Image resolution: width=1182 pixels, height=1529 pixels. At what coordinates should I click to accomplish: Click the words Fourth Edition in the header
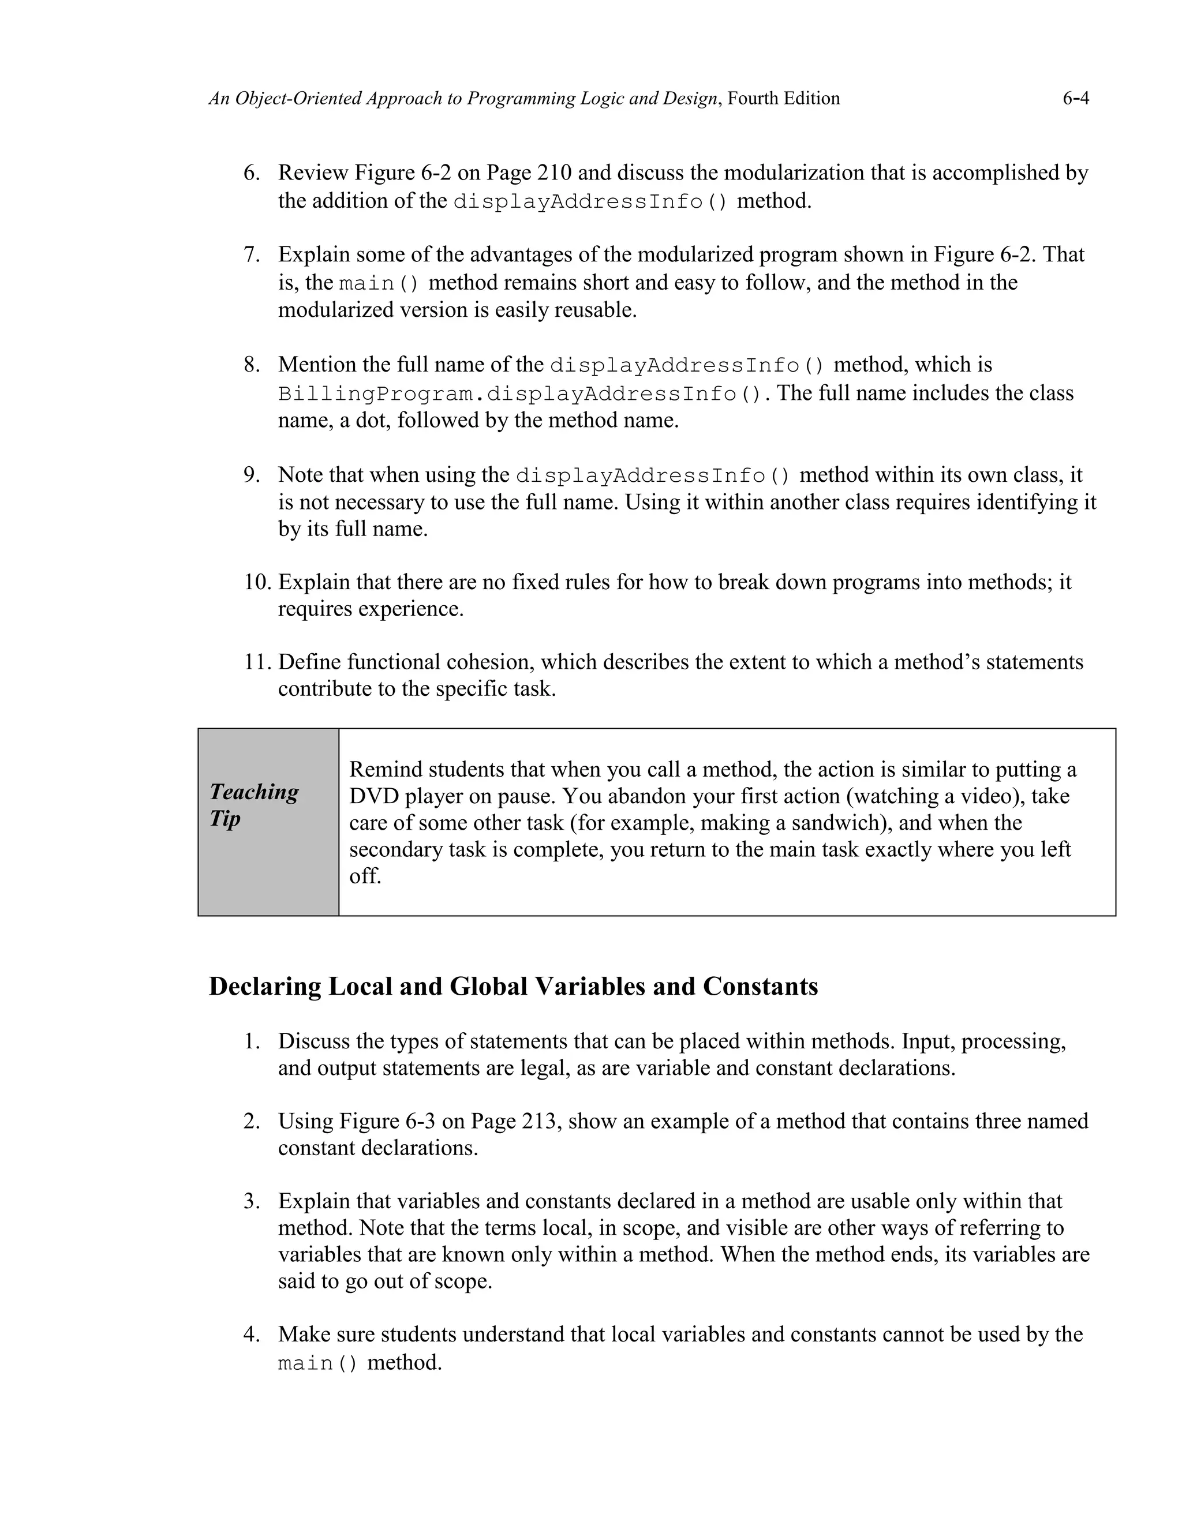[784, 99]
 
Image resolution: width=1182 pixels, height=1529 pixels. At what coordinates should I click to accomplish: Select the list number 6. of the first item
[252, 173]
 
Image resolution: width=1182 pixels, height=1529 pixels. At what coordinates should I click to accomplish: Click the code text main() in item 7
[379, 283]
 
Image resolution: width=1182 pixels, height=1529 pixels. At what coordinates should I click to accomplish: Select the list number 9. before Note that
[252, 475]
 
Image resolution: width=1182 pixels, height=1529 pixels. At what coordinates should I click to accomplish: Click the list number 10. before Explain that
[257, 583]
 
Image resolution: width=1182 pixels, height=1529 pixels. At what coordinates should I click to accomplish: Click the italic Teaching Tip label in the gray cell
[253, 805]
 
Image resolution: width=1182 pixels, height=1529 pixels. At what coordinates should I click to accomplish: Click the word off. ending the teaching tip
[365, 876]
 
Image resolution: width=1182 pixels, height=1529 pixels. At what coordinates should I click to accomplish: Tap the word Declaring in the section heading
[265, 987]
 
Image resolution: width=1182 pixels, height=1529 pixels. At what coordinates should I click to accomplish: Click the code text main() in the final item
[317, 1364]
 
